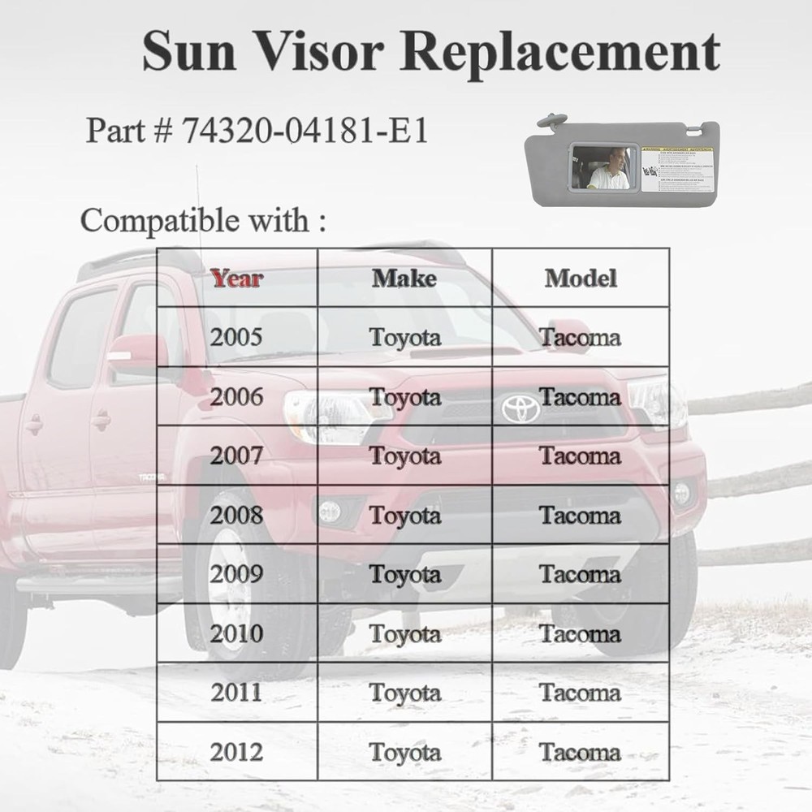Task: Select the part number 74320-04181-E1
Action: [x=305, y=130]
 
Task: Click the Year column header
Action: [x=237, y=279]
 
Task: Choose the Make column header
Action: [x=404, y=279]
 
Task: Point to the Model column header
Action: [x=581, y=279]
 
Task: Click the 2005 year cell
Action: [x=237, y=337]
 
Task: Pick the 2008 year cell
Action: [x=237, y=515]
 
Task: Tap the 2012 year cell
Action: [x=237, y=752]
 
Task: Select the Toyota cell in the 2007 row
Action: [x=405, y=456]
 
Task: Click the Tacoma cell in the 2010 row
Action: [x=581, y=633]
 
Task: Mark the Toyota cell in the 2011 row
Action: [x=405, y=693]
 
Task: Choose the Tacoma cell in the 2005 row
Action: [x=581, y=337]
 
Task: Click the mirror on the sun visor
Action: [x=603, y=168]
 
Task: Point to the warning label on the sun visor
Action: [x=676, y=169]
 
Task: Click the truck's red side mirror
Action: [x=138, y=354]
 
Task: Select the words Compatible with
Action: [x=196, y=220]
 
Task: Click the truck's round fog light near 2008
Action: [x=330, y=511]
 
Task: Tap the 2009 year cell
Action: [x=237, y=574]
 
